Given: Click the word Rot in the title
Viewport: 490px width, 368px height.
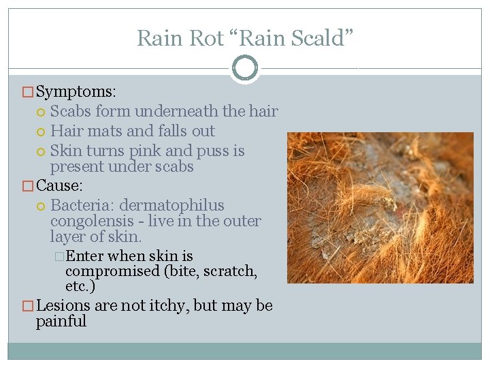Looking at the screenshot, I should tap(206, 38).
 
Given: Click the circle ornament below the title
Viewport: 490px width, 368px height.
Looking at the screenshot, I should tap(245, 68).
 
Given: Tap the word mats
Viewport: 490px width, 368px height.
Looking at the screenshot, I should tap(102, 131).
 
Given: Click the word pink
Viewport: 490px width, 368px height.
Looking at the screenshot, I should tap(144, 151).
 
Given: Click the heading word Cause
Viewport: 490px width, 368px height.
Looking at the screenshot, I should tap(59, 185).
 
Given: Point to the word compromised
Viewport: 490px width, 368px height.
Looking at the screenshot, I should tap(110, 271).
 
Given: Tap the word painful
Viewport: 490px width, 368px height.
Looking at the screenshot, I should tap(61, 321).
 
